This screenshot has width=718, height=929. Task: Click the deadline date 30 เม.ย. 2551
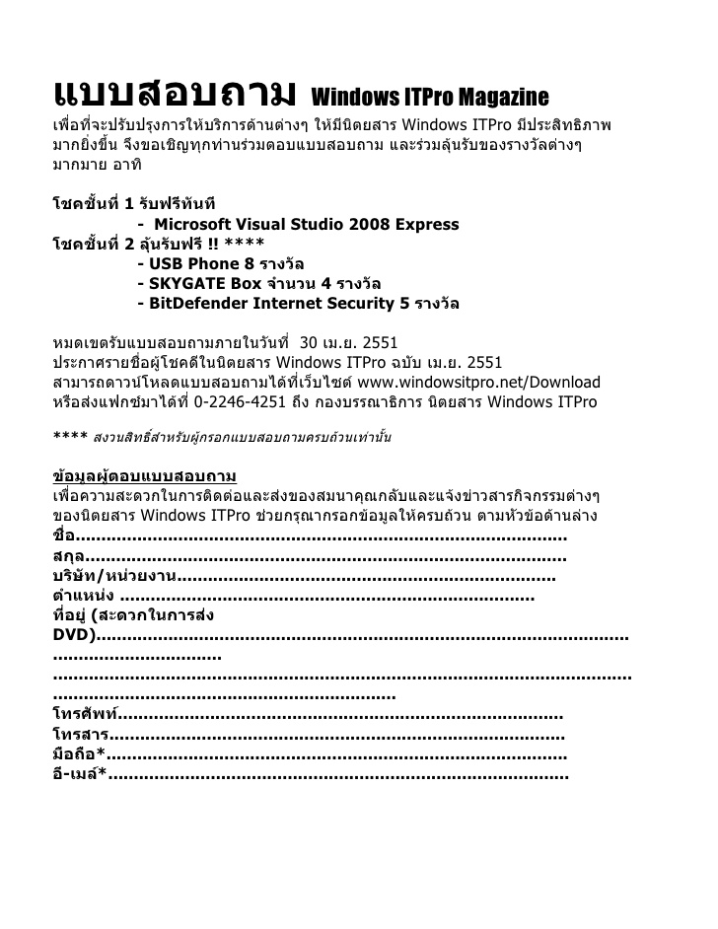click(348, 343)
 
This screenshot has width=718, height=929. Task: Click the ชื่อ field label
click(63, 536)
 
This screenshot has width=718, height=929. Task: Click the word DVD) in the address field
click(74, 635)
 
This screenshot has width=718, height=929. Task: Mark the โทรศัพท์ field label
click(85, 714)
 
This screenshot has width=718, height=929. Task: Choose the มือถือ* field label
click(78, 754)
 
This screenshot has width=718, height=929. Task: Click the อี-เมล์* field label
click(79, 774)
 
